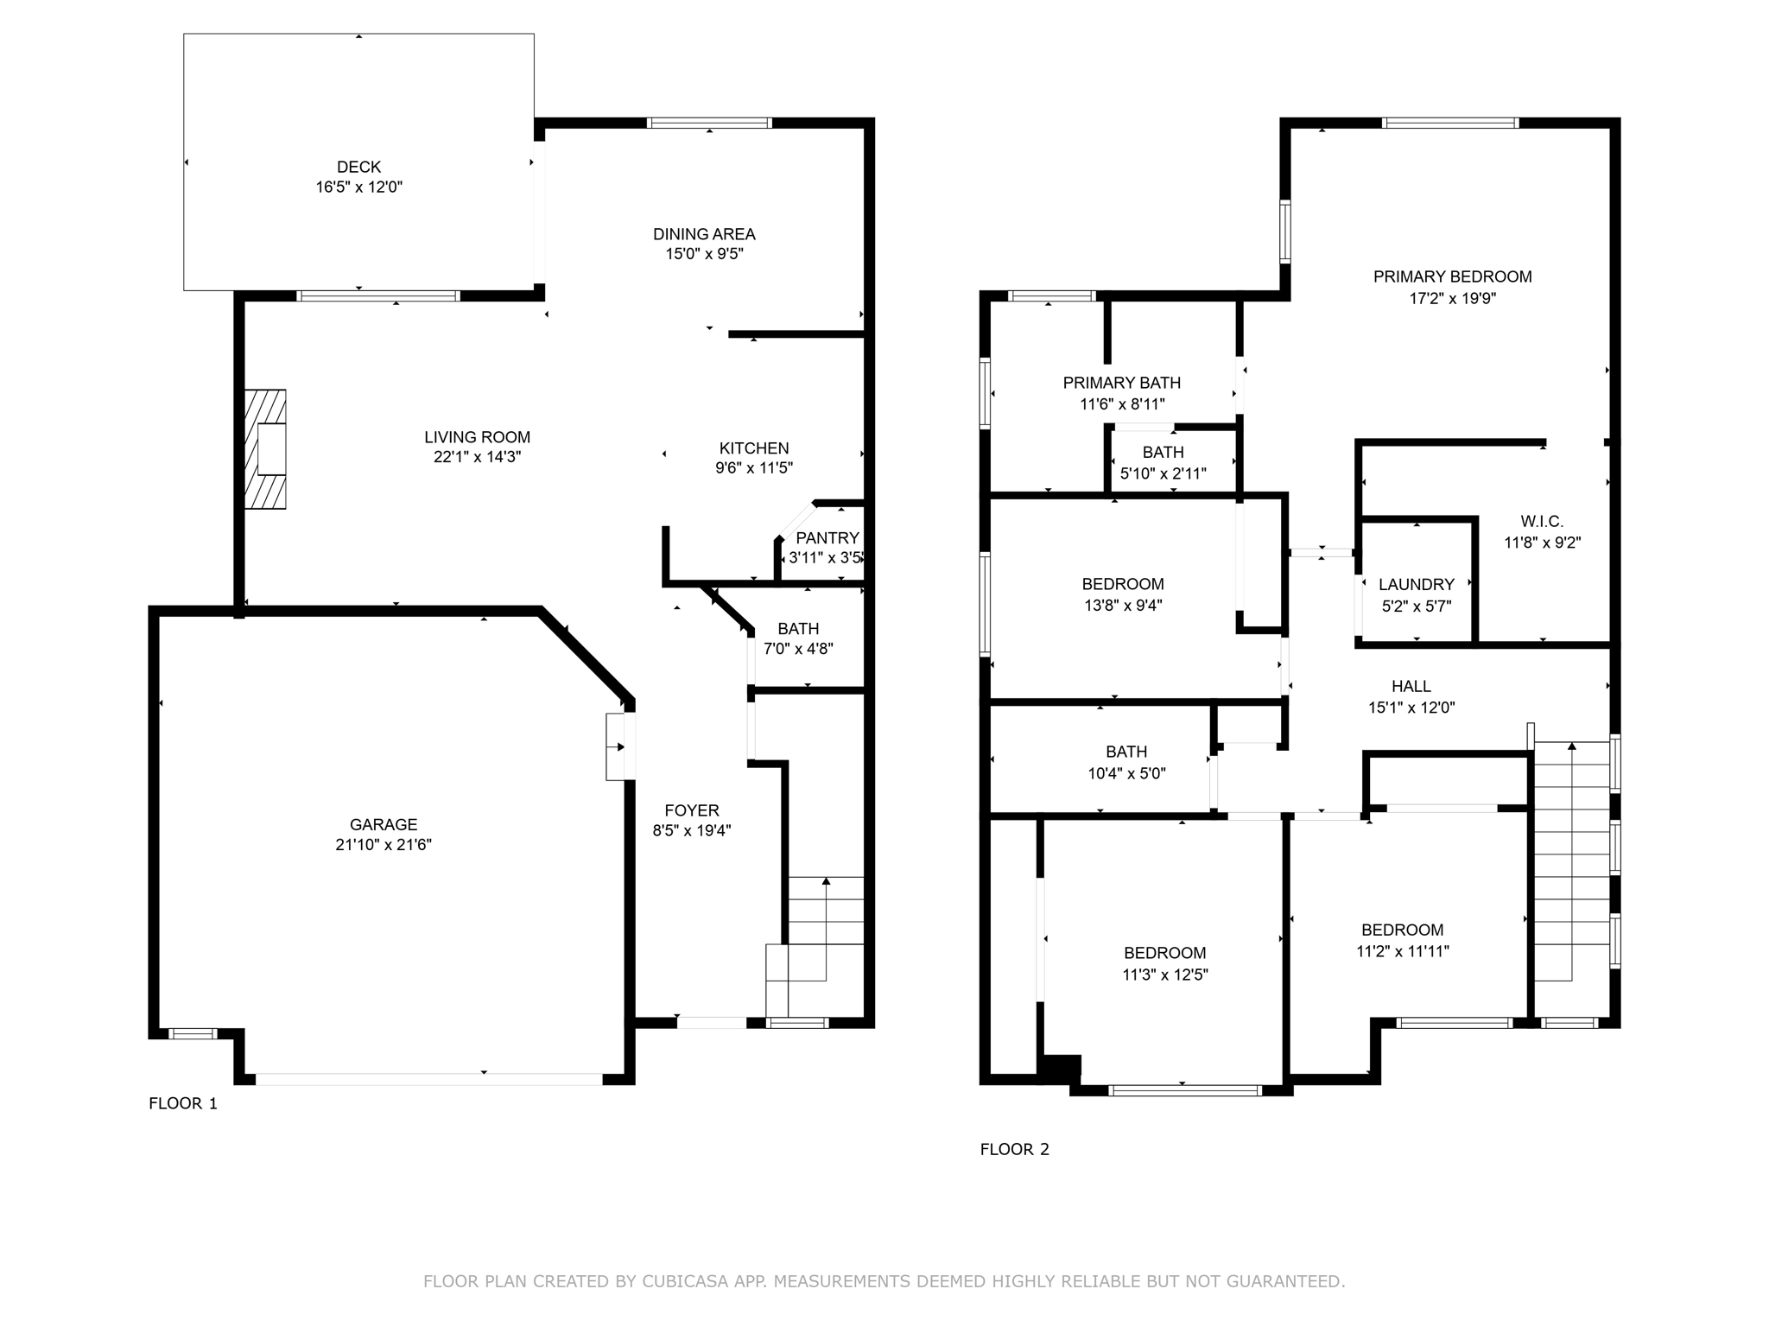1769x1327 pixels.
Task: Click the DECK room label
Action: click(358, 167)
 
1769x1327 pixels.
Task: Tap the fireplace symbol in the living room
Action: click(266, 449)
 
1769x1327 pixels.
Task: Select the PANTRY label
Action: click(827, 538)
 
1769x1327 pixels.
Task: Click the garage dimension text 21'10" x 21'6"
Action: click(384, 845)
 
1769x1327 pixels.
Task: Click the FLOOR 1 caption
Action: click(183, 1103)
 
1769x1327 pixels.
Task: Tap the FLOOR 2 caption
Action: click(1014, 1149)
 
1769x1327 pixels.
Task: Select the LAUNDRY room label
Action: click(1416, 585)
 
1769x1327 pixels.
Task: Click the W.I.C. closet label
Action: click(1542, 522)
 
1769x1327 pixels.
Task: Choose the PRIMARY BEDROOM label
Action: click(1452, 276)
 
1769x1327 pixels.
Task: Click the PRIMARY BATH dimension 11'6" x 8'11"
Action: click(1122, 403)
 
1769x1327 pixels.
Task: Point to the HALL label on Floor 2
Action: click(1411, 686)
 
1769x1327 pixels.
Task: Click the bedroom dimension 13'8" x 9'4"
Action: click(1123, 606)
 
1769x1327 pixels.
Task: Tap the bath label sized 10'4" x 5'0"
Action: click(1126, 752)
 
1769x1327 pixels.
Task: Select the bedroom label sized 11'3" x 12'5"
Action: click(1164, 953)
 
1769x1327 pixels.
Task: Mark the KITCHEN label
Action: click(753, 448)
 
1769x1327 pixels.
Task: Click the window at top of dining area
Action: click(709, 123)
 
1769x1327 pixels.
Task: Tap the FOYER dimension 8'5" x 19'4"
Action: click(691, 831)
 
